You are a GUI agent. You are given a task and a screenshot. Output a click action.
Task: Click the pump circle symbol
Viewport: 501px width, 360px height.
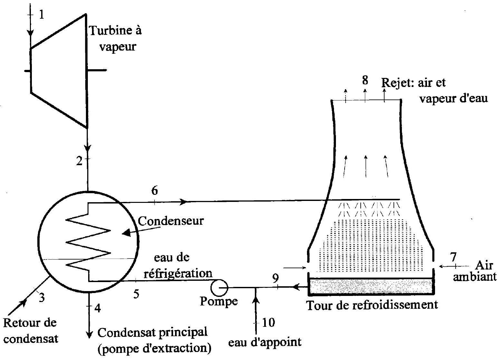[219, 286]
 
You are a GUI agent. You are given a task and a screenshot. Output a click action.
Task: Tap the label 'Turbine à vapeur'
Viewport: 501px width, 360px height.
[115, 39]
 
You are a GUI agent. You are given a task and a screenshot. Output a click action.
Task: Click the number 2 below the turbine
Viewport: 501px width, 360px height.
[79, 161]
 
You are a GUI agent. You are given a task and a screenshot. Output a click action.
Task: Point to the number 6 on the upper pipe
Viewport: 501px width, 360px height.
[154, 191]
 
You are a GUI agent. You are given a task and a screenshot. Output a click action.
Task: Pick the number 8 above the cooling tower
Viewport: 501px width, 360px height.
[365, 80]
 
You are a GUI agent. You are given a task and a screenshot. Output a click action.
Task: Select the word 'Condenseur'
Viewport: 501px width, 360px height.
[171, 221]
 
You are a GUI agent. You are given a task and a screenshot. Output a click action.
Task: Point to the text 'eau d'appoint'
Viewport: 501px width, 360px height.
[265, 342]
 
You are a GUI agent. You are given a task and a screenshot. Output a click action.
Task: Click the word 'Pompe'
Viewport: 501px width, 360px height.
[219, 301]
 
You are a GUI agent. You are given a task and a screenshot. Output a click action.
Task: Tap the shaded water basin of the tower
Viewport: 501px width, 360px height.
[370, 286]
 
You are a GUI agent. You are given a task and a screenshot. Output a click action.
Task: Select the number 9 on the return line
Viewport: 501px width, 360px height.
[276, 278]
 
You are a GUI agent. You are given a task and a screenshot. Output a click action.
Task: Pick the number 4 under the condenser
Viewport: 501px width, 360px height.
[97, 308]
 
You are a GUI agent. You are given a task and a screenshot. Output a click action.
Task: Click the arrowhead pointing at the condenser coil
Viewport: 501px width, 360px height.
[127, 232]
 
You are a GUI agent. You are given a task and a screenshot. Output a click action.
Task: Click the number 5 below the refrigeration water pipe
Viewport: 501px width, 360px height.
[136, 294]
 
